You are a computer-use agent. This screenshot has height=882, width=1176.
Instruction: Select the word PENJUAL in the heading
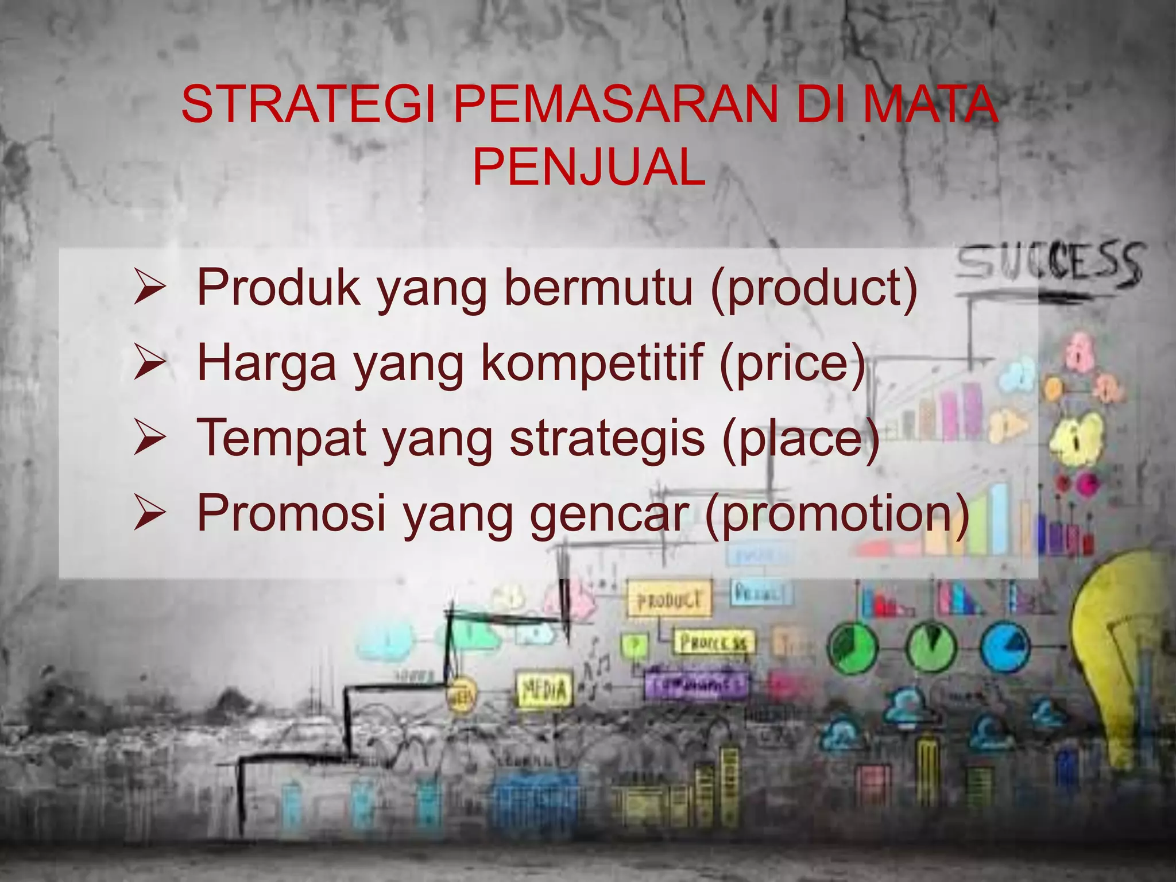(x=589, y=167)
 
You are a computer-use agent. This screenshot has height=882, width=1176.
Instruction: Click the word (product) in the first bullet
(x=814, y=288)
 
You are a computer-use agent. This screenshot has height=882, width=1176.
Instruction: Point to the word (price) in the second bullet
(x=792, y=363)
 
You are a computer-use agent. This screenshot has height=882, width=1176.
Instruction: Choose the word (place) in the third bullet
(x=800, y=439)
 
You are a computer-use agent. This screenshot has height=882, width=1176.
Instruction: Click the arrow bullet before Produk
(x=149, y=289)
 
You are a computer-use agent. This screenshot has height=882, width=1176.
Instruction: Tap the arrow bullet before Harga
(x=149, y=364)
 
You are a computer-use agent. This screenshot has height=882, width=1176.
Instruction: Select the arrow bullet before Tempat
(x=149, y=439)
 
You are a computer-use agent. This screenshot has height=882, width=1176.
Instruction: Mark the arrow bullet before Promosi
(x=149, y=514)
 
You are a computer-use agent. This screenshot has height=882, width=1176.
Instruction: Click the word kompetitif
(x=592, y=363)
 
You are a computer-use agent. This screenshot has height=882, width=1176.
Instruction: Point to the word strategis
(x=607, y=439)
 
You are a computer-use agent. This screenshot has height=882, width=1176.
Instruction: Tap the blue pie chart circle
(x=1005, y=647)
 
